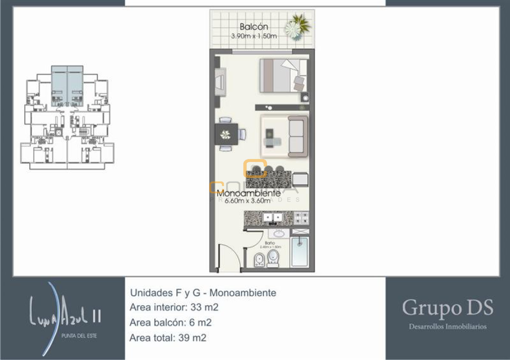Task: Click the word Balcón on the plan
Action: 254,27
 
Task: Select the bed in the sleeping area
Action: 280,75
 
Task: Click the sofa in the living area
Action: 297,136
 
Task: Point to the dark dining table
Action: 226,135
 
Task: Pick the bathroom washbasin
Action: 279,233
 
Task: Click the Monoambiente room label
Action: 244,193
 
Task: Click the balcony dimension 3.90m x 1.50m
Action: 254,36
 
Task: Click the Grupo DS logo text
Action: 448,307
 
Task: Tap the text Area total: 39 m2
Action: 168,338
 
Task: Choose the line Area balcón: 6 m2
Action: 171,323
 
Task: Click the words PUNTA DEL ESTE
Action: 79,336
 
